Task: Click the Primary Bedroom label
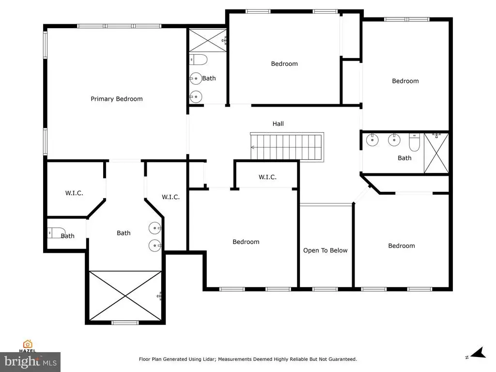point(116,99)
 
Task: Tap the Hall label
point(278,124)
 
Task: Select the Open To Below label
point(325,250)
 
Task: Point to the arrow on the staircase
point(253,147)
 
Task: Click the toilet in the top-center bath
point(198,60)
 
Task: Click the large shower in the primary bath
point(125,296)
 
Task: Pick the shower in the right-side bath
point(436,153)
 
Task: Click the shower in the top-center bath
point(208,40)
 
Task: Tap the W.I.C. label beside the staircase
point(267,177)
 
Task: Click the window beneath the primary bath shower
point(125,323)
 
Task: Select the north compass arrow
point(479,353)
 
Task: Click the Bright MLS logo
point(31,362)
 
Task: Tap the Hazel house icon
point(28,344)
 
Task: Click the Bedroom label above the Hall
point(284,64)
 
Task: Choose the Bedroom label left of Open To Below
point(246,242)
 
